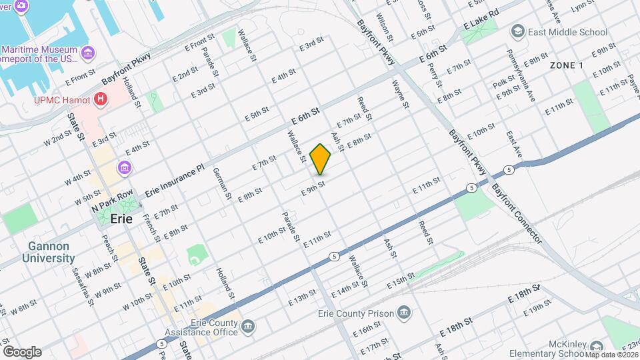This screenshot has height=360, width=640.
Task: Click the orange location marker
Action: (321, 159)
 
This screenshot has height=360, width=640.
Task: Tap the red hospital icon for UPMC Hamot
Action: (101, 100)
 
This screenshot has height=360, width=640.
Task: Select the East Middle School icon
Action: (517, 32)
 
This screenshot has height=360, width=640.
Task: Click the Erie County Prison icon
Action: (403, 312)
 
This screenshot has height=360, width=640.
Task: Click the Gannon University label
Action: (48, 252)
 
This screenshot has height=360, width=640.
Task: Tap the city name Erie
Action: (121, 219)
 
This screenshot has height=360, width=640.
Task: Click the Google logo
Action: (22, 351)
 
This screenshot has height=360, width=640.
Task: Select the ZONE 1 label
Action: (566, 65)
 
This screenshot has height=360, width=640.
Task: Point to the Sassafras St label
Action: (88, 283)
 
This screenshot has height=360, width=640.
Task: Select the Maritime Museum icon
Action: (87, 51)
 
